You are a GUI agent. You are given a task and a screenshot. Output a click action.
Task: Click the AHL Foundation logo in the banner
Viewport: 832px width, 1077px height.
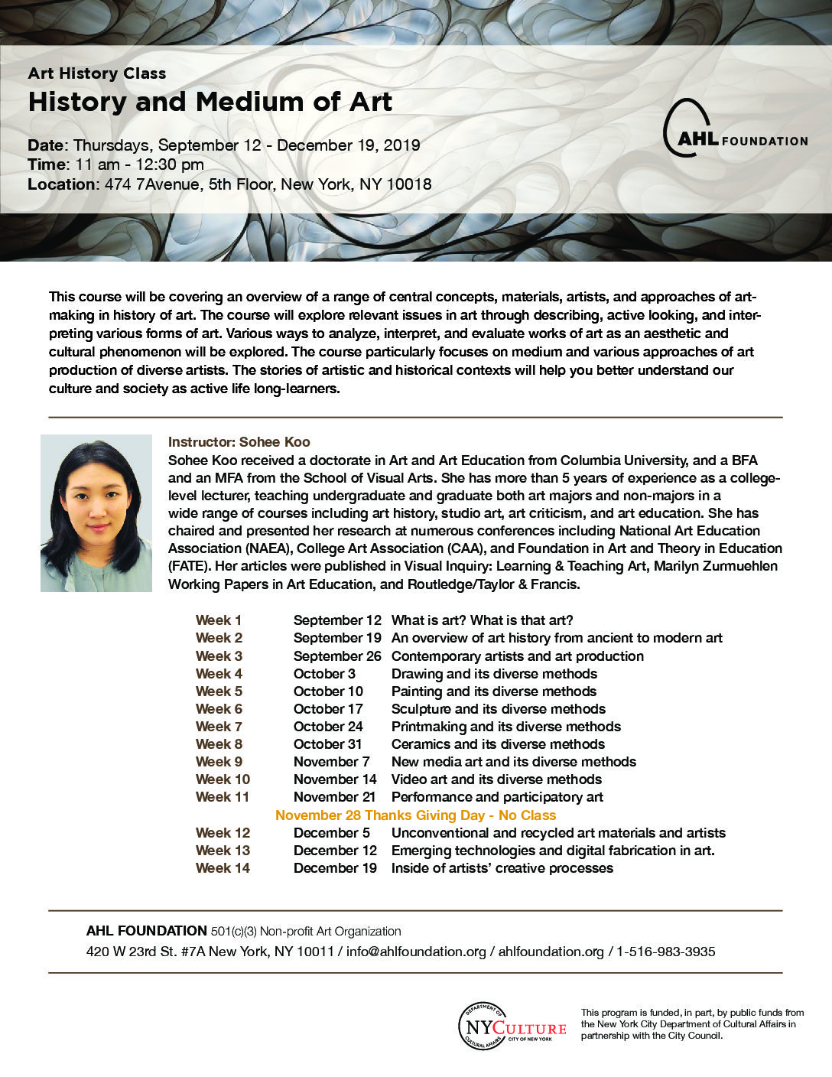coord(734,129)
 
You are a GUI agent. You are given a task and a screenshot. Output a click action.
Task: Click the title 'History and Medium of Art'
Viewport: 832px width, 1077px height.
coord(210,102)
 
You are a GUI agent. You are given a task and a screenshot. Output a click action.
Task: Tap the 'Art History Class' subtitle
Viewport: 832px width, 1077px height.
coord(97,73)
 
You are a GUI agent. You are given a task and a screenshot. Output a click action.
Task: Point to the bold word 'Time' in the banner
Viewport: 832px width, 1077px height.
coord(46,164)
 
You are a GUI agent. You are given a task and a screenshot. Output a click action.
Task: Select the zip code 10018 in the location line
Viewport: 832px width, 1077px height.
coord(408,184)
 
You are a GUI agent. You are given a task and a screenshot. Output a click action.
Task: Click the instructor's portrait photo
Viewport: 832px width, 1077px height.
coord(96,513)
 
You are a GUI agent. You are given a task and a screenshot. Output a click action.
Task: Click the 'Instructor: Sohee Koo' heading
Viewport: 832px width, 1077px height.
coord(239,442)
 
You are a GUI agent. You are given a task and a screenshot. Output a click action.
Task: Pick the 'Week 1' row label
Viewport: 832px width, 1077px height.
coord(219,620)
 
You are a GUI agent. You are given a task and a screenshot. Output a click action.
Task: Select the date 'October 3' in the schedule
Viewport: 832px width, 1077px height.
coord(324,674)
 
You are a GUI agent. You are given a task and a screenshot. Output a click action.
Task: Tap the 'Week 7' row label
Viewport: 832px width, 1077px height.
coord(219,727)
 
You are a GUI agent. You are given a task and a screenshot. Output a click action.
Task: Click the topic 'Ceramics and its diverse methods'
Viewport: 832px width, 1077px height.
coord(498,744)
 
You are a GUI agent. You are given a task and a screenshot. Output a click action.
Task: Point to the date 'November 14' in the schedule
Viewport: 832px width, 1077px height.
coord(335,779)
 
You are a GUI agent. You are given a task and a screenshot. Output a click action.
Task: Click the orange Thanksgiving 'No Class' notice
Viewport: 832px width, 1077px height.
coord(415,815)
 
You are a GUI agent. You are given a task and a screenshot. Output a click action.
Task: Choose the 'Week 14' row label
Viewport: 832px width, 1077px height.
coord(223,868)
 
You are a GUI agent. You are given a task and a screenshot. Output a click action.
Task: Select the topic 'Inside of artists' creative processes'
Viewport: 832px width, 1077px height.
coord(502,868)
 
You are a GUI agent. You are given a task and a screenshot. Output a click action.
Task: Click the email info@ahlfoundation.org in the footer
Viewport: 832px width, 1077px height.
coord(416,952)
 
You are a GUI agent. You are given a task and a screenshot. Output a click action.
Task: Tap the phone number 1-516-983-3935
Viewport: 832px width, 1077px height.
coord(665,952)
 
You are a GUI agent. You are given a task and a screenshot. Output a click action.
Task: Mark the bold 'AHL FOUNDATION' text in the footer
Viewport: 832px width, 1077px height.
coord(146,931)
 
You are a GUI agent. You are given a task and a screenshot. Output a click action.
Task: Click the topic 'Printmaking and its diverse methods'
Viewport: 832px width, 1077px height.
coord(505,727)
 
